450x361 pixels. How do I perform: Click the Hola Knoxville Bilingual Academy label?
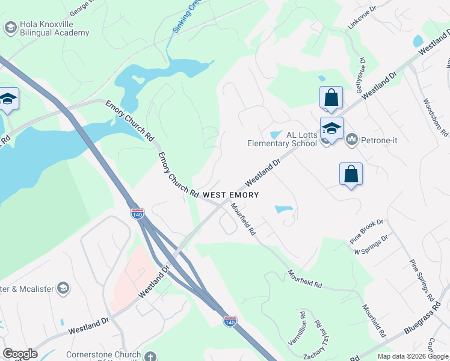[x=54, y=28]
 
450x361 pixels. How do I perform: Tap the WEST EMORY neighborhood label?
[x=230, y=195]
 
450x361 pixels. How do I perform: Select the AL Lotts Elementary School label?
[x=282, y=139]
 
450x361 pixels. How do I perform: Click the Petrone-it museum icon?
[x=352, y=140]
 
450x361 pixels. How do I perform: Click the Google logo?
[x=20, y=354]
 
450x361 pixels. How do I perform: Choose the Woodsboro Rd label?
[x=436, y=117]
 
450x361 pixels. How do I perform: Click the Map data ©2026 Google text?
[x=412, y=356]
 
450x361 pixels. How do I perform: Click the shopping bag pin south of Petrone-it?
[x=351, y=175]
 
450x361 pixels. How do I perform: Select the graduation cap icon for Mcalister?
[x=63, y=288]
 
